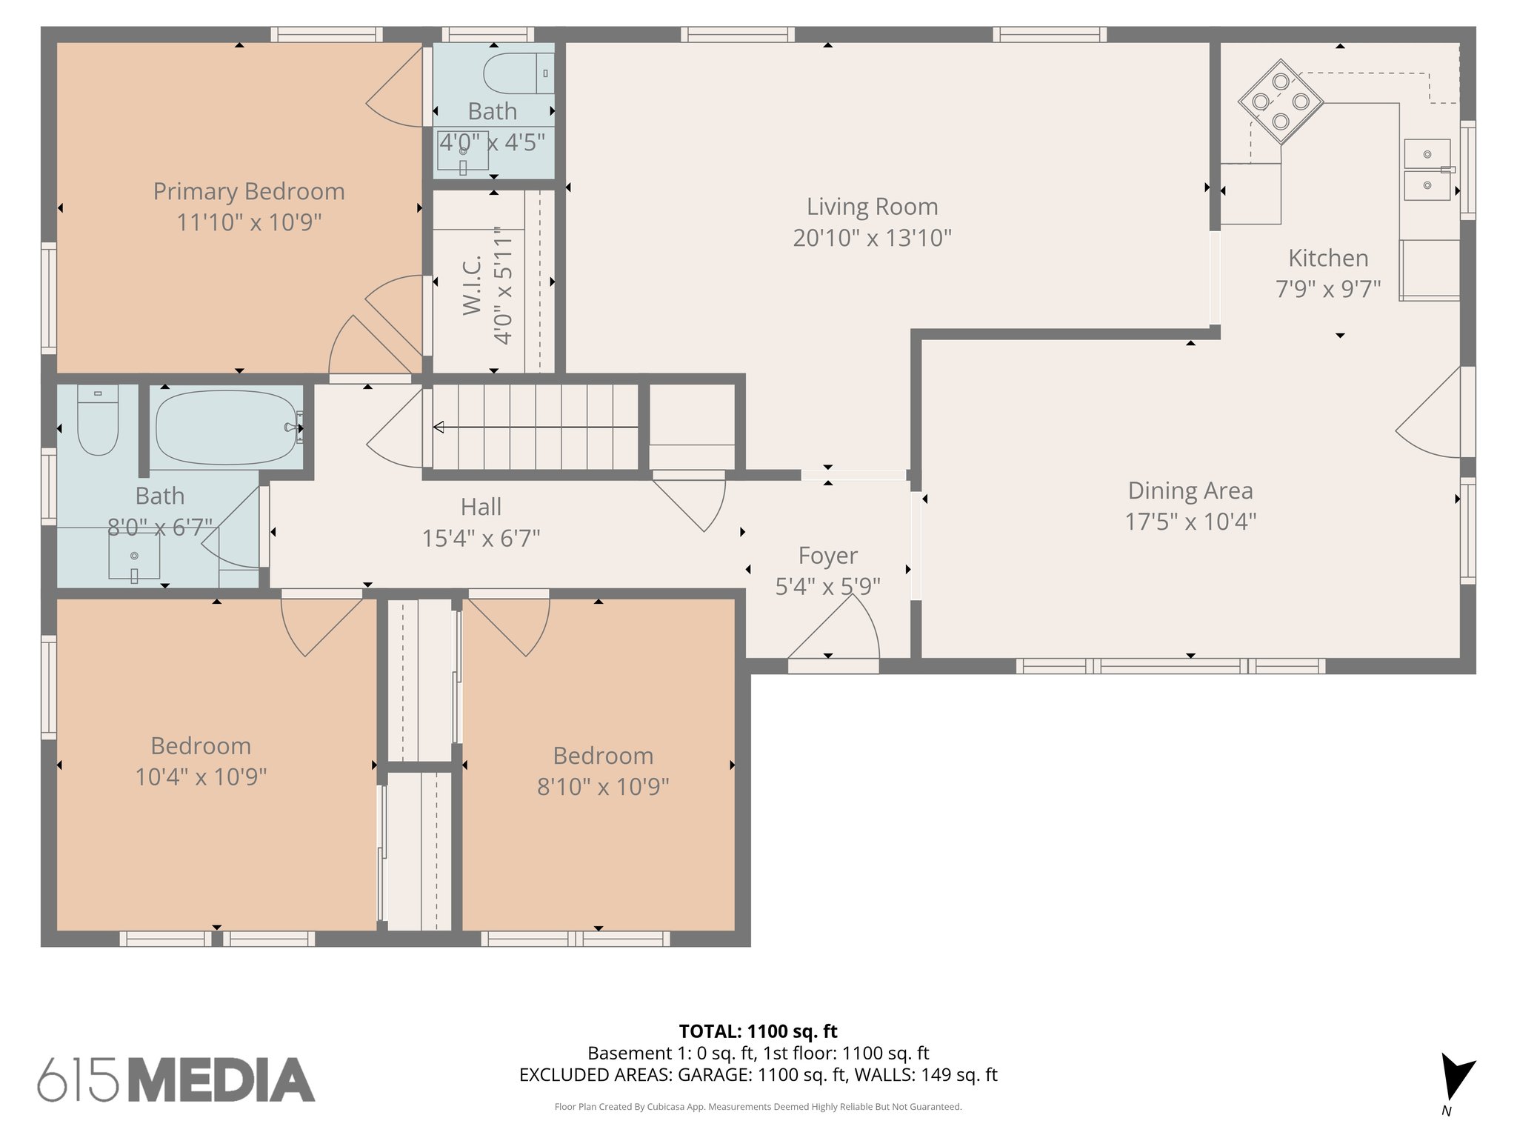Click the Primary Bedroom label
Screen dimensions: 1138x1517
pos(249,191)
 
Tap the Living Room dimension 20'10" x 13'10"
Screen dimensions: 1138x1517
pos(872,238)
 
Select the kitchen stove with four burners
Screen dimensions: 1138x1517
pos(1281,102)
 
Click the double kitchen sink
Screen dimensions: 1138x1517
pos(1427,170)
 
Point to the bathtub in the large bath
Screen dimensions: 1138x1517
pos(226,427)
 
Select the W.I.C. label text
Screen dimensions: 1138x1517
pos(473,285)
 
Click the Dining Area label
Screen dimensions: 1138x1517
pos(1190,490)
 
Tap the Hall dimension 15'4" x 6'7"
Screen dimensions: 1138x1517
pos(481,538)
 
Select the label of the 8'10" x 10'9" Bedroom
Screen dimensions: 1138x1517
pos(603,756)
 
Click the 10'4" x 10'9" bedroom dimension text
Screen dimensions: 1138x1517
pos(201,776)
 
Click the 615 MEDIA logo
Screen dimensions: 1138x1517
pos(176,1079)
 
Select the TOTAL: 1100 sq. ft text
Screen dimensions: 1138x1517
pos(758,1031)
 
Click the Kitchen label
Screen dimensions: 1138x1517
pos(1328,258)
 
